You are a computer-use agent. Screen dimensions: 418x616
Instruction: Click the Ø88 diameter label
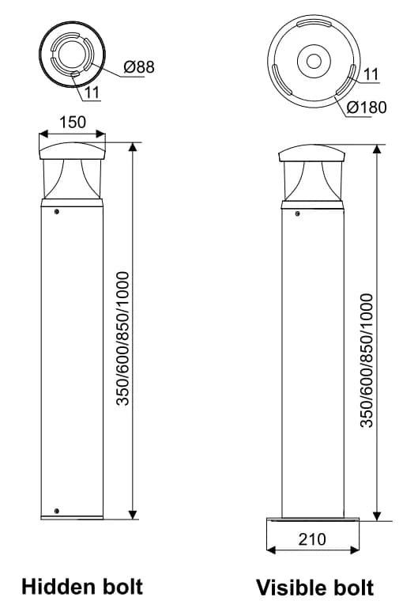(x=139, y=66)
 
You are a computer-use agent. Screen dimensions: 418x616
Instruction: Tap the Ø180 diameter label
(x=367, y=107)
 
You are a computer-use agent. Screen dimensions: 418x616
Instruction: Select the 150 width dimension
(x=73, y=123)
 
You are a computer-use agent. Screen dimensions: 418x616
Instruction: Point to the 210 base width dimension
(x=312, y=539)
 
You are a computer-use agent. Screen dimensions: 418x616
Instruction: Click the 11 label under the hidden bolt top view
(x=92, y=93)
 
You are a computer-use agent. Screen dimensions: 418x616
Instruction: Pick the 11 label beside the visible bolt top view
(x=371, y=74)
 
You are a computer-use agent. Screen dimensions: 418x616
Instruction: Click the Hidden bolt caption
(x=82, y=587)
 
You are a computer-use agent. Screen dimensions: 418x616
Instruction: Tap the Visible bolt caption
(x=314, y=588)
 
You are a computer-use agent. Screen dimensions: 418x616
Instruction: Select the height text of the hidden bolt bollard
(x=122, y=338)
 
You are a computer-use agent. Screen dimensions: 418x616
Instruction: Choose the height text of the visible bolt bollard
(x=367, y=360)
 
